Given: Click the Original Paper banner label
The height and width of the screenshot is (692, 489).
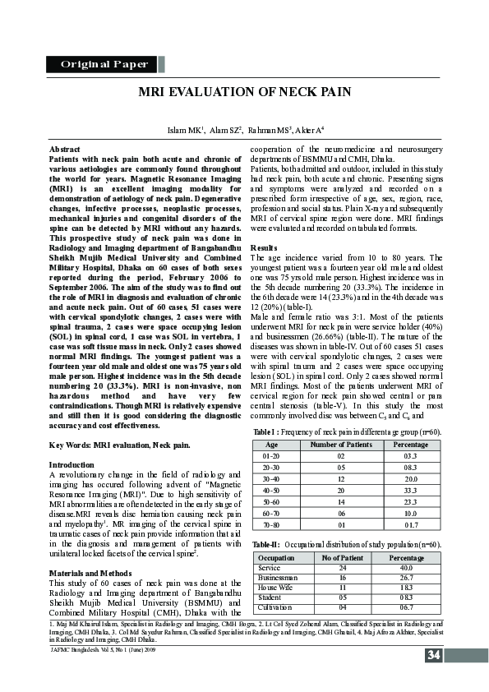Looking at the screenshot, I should click(104, 64).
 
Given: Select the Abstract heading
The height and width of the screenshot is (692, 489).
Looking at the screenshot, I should click(65, 149).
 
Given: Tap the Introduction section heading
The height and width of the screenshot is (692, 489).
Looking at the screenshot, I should click(72, 464).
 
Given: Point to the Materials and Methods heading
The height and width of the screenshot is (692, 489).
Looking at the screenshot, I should click(89, 549).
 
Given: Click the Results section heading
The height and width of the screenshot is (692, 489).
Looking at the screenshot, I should click(263, 247).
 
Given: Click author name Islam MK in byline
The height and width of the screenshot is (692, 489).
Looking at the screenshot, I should click(183, 130).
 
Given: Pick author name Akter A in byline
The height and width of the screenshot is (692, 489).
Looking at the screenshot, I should click(308, 130).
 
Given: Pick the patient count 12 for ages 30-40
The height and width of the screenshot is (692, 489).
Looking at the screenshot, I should click(329, 477).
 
